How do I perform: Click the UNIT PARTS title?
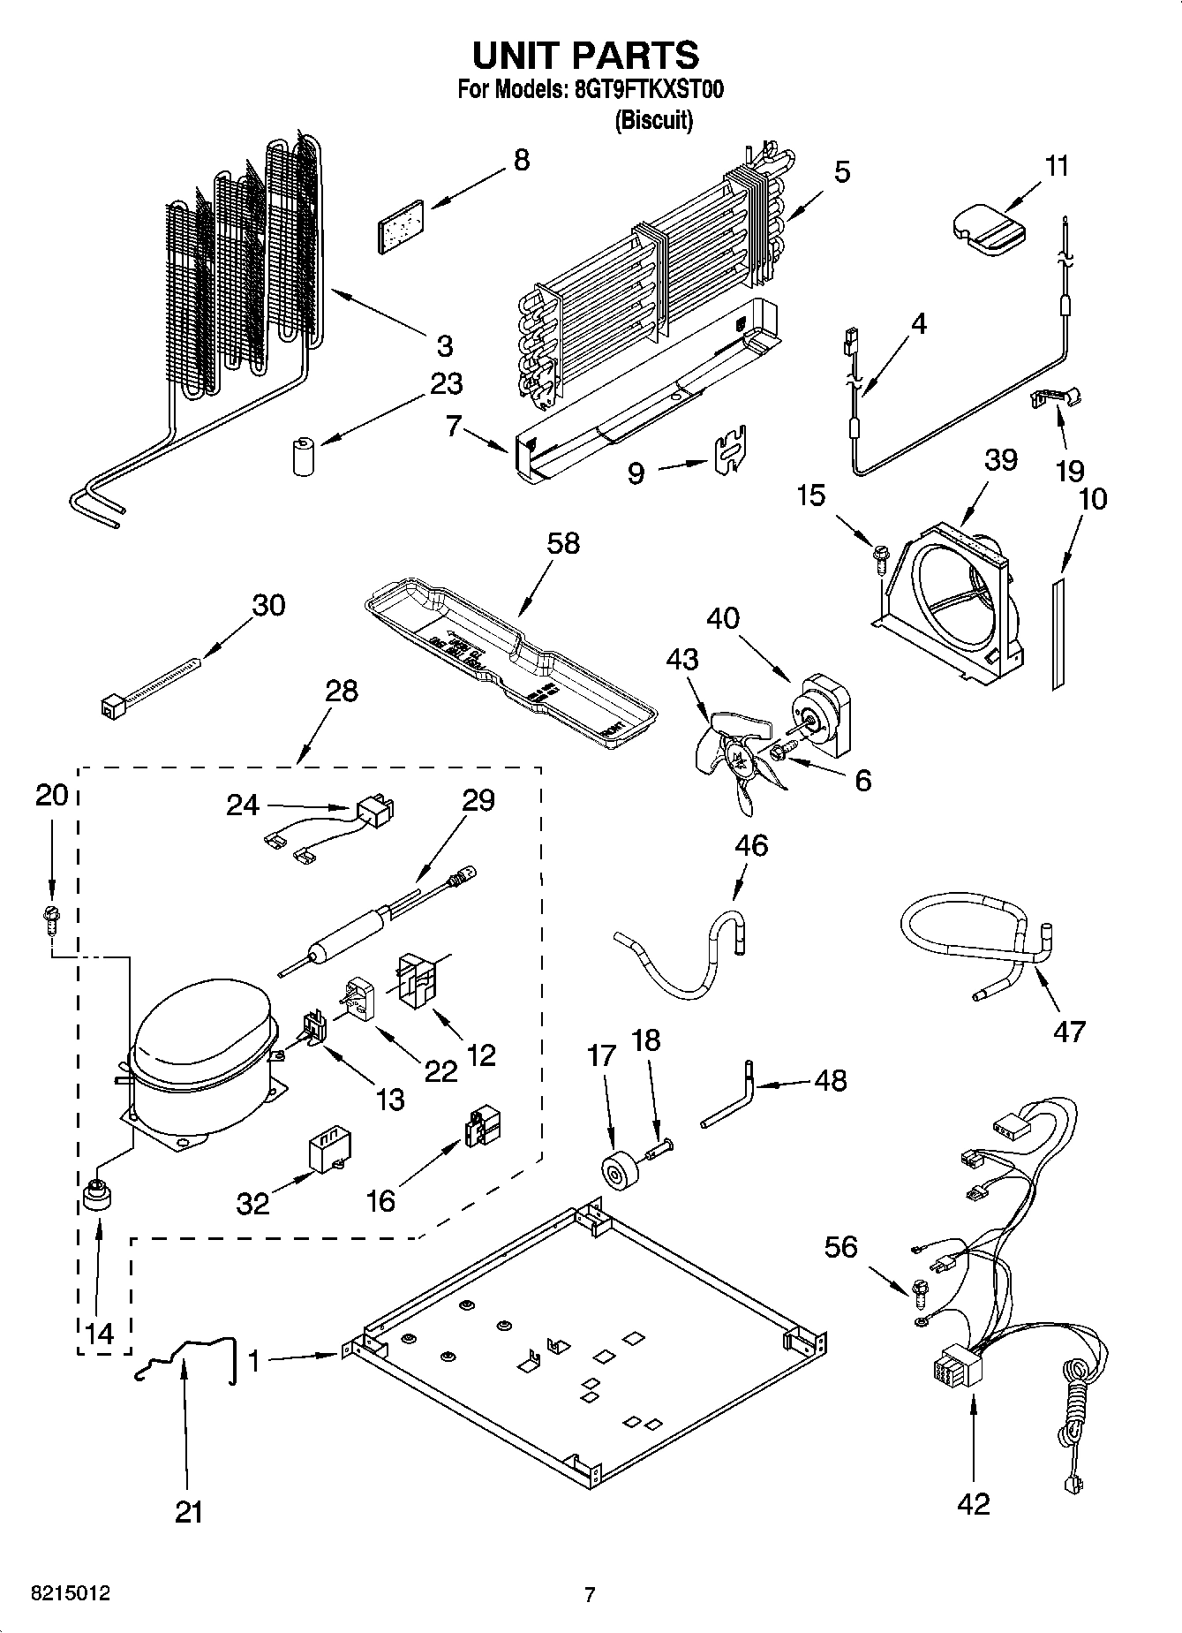pos(586,56)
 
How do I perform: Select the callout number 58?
pos(562,543)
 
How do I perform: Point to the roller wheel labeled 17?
pos(615,1171)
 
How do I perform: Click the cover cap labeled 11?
pos(988,230)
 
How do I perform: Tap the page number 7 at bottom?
pos(590,1594)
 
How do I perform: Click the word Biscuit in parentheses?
pos(653,120)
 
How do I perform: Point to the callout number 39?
pos(1001,460)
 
